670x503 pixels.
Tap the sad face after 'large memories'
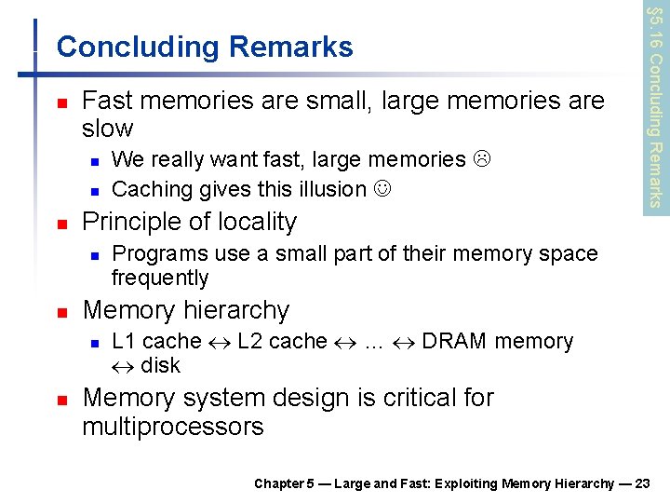480,159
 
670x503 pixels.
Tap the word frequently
160,278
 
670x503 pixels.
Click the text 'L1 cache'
155,341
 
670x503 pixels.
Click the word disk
160,365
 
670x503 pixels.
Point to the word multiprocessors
173,427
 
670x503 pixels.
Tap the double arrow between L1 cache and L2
220,342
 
